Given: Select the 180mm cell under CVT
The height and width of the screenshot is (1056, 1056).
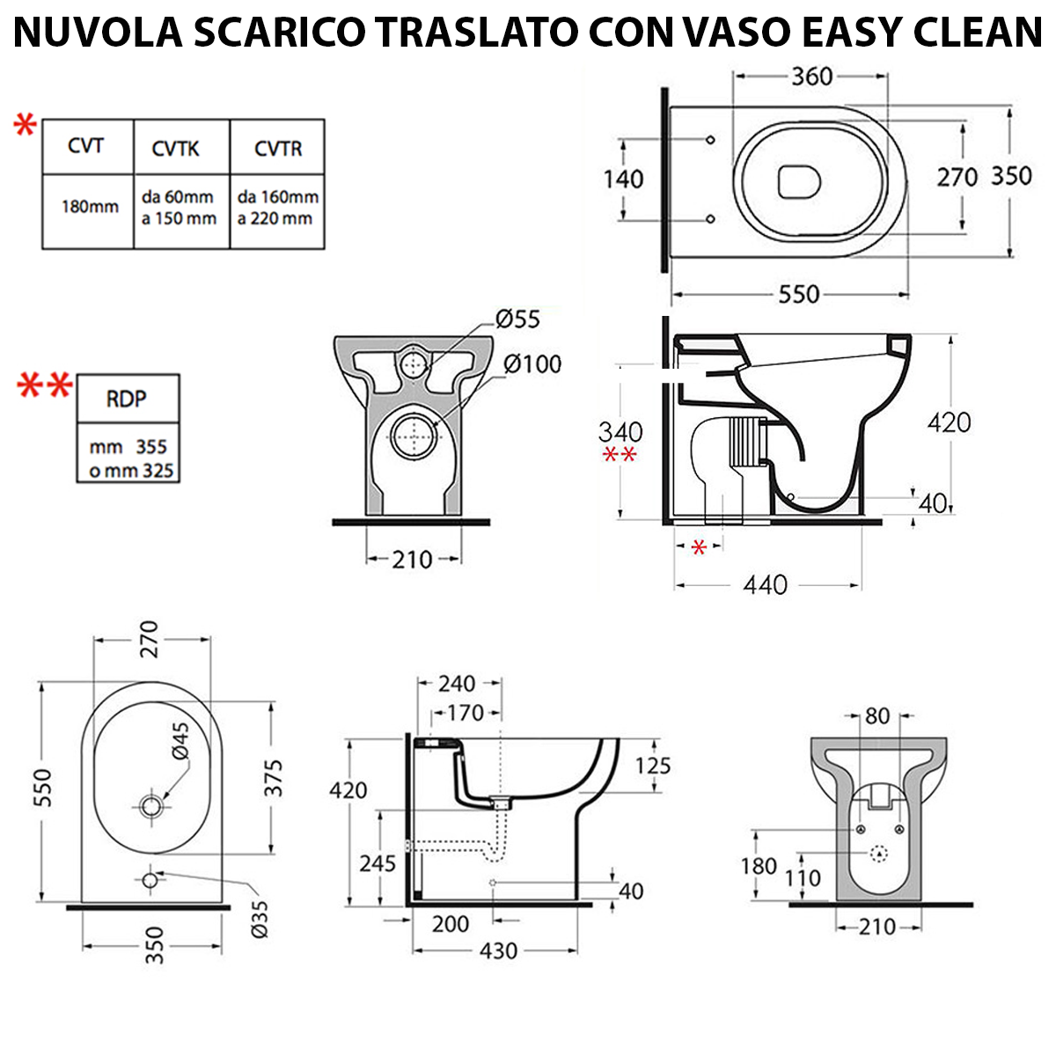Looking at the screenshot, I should pyautogui.click(x=89, y=207).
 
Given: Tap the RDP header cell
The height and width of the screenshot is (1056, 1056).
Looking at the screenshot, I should pyautogui.click(x=127, y=399).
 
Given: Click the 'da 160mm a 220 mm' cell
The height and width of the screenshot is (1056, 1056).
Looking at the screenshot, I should pyautogui.click(x=277, y=208).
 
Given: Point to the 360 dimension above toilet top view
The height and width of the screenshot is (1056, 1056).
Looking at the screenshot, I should pyautogui.click(x=810, y=77).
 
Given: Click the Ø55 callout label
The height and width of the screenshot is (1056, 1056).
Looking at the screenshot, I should pyautogui.click(x=517, y=319).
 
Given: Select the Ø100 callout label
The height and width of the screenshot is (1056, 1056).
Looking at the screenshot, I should pyautogui.click(x=532, y=363).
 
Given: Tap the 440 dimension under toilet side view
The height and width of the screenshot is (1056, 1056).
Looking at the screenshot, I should pyautogui.click(x=765, y=584).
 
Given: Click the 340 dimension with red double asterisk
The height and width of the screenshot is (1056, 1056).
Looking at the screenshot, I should pyautogui.click(x=620, y=432).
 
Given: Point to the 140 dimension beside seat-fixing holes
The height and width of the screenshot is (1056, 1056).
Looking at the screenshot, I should pyautogui.click(x=623, y=180).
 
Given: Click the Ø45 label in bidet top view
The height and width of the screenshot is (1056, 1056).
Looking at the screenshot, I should pyautogui.click(x=180, y=740).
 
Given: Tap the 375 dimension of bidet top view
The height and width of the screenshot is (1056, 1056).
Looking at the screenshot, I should pyautogui.click(x=275, y=778).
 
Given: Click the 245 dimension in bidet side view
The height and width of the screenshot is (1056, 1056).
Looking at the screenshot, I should pyautogui.click(x=377, y=863).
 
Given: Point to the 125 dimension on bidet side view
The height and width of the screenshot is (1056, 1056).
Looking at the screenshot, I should pyautogui.click(x=652, y=766).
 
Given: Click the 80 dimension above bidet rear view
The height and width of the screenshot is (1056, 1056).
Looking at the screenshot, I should pyautogui.click(x=876, y=716).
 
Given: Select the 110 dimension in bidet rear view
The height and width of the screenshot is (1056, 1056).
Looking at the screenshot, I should pyautogui.click(x=803, y=877).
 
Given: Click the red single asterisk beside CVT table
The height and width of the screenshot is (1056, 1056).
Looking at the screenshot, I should pyautogui.click(x=25, y=127).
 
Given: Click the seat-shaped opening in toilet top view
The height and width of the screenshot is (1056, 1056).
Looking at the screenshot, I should pyautogui.click(x=799, y=182).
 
